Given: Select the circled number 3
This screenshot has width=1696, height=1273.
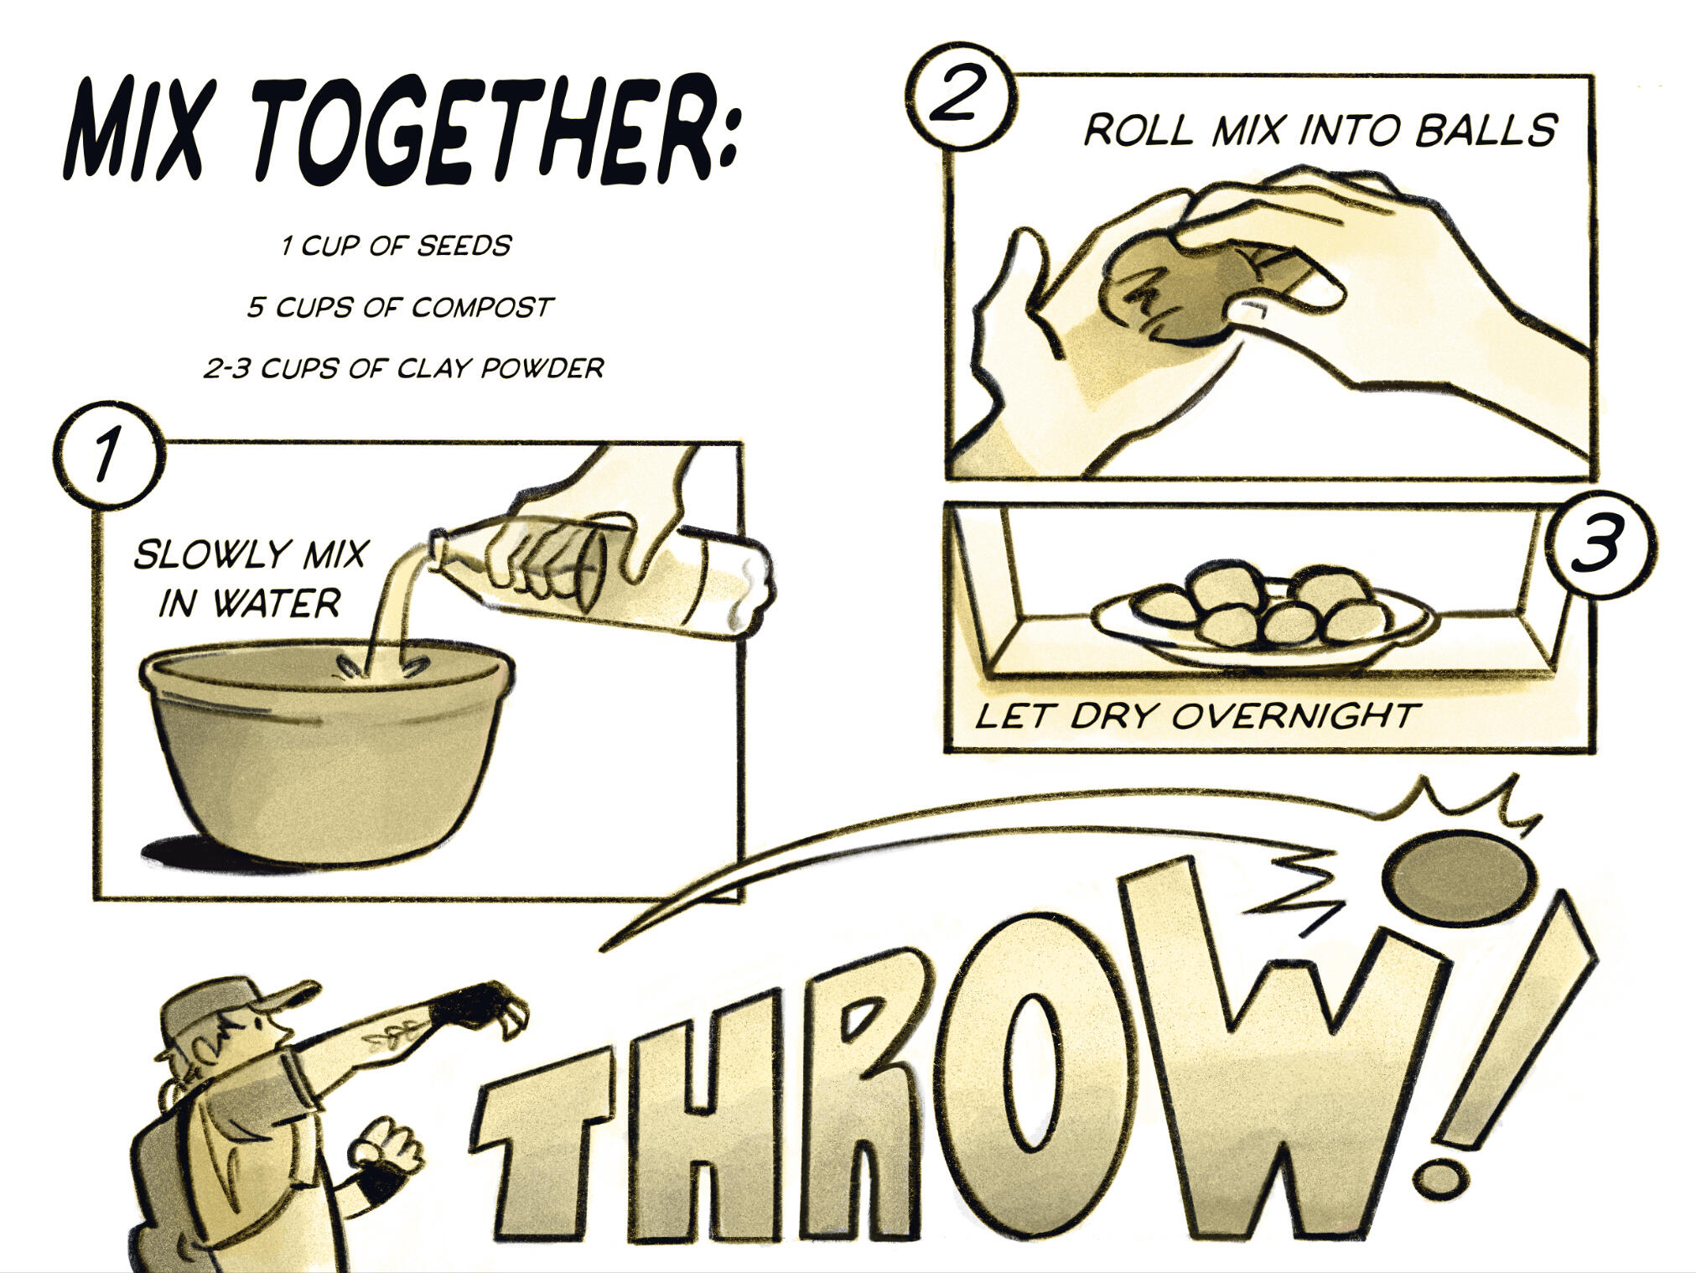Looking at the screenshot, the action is click(x=1600, y=543).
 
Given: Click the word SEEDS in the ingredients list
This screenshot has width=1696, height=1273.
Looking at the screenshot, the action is click(x=464, y=246).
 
